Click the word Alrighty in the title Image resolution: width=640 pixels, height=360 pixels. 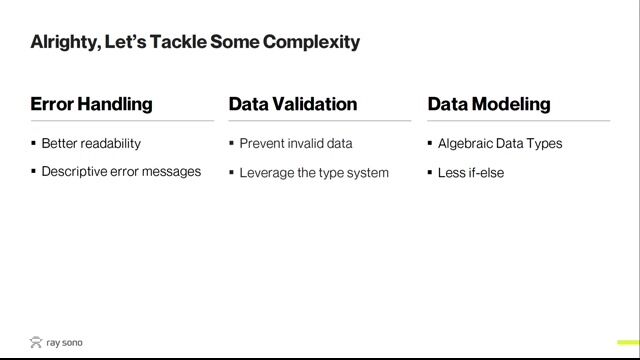coord(65,42)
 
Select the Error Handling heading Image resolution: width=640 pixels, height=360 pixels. coord(91,104)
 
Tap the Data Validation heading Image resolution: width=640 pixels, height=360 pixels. coord(293,104)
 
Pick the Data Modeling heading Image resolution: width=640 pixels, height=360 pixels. coord(489,104)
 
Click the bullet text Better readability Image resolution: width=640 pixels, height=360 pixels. coord(91,143)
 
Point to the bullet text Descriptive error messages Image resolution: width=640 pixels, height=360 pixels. coord(121,171)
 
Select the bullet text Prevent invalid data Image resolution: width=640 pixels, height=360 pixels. coord(296,143)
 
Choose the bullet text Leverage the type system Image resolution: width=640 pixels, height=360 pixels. coord(314,173)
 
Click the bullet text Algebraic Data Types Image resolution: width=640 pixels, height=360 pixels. coord(500,143)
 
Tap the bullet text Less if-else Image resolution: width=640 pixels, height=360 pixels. coord(471,173)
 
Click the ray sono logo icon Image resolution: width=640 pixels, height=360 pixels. coord(36,343)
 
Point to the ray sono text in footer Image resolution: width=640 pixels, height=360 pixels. coord(65,343)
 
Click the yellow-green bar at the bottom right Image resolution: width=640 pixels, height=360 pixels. coord(627,343)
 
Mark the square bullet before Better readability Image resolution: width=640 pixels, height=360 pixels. coord(33,143)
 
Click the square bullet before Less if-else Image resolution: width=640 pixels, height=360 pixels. coord(430,173)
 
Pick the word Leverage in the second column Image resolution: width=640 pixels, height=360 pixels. coord(265,173)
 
